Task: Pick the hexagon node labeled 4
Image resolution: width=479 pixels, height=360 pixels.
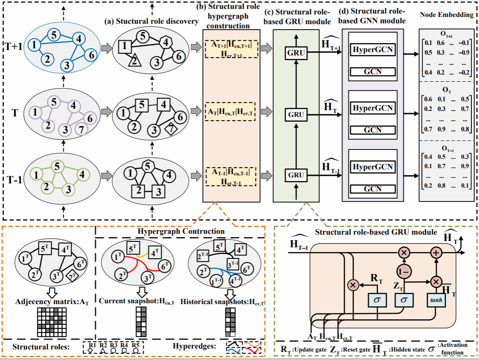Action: (x=167, y=42)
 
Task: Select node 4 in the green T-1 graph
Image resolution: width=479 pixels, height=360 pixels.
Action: (x=83, y=174)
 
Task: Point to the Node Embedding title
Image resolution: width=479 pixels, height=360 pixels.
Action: (x=447, y=15)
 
